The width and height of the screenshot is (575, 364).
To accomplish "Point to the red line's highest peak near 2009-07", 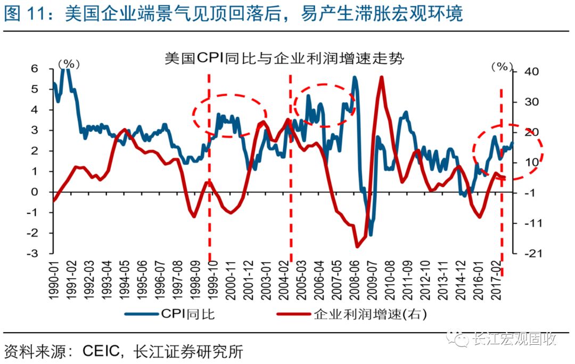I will [382, 77].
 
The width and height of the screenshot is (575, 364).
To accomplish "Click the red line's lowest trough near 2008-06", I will [358, 247].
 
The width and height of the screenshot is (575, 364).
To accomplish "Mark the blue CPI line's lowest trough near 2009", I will [370, 234].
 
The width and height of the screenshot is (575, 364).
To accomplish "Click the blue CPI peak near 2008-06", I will [355, 77].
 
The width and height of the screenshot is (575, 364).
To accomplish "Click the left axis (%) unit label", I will [69, 63].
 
